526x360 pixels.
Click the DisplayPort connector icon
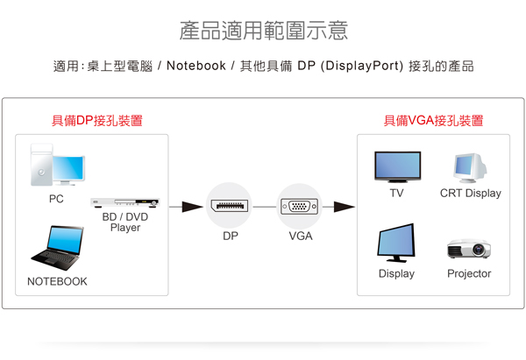pyautogui.click(x=229, y=207)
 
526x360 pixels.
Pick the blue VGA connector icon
pyautogui.click(x=300, y=207)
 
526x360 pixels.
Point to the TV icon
pyautogui.click(x=397, y=166)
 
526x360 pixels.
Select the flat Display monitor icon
pyautogui.click(x=396, y=243)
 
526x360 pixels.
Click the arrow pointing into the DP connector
pyautogui.click(x=187, y=208)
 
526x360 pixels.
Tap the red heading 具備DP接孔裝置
pyautogui.click(x=97, y=121)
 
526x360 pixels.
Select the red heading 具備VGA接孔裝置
pyautogui.click(x=433, y=121)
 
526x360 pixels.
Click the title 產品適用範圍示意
pyautogui.click(x=263, y=31)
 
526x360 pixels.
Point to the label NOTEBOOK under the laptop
pyautogui.click(x=57, y=282)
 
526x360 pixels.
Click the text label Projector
pyautogui.click(x=469, y=273)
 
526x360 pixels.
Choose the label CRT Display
pyautogui.click(x=470, y=193)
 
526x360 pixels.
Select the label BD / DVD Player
pyautogui.click(x=125, y=222)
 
